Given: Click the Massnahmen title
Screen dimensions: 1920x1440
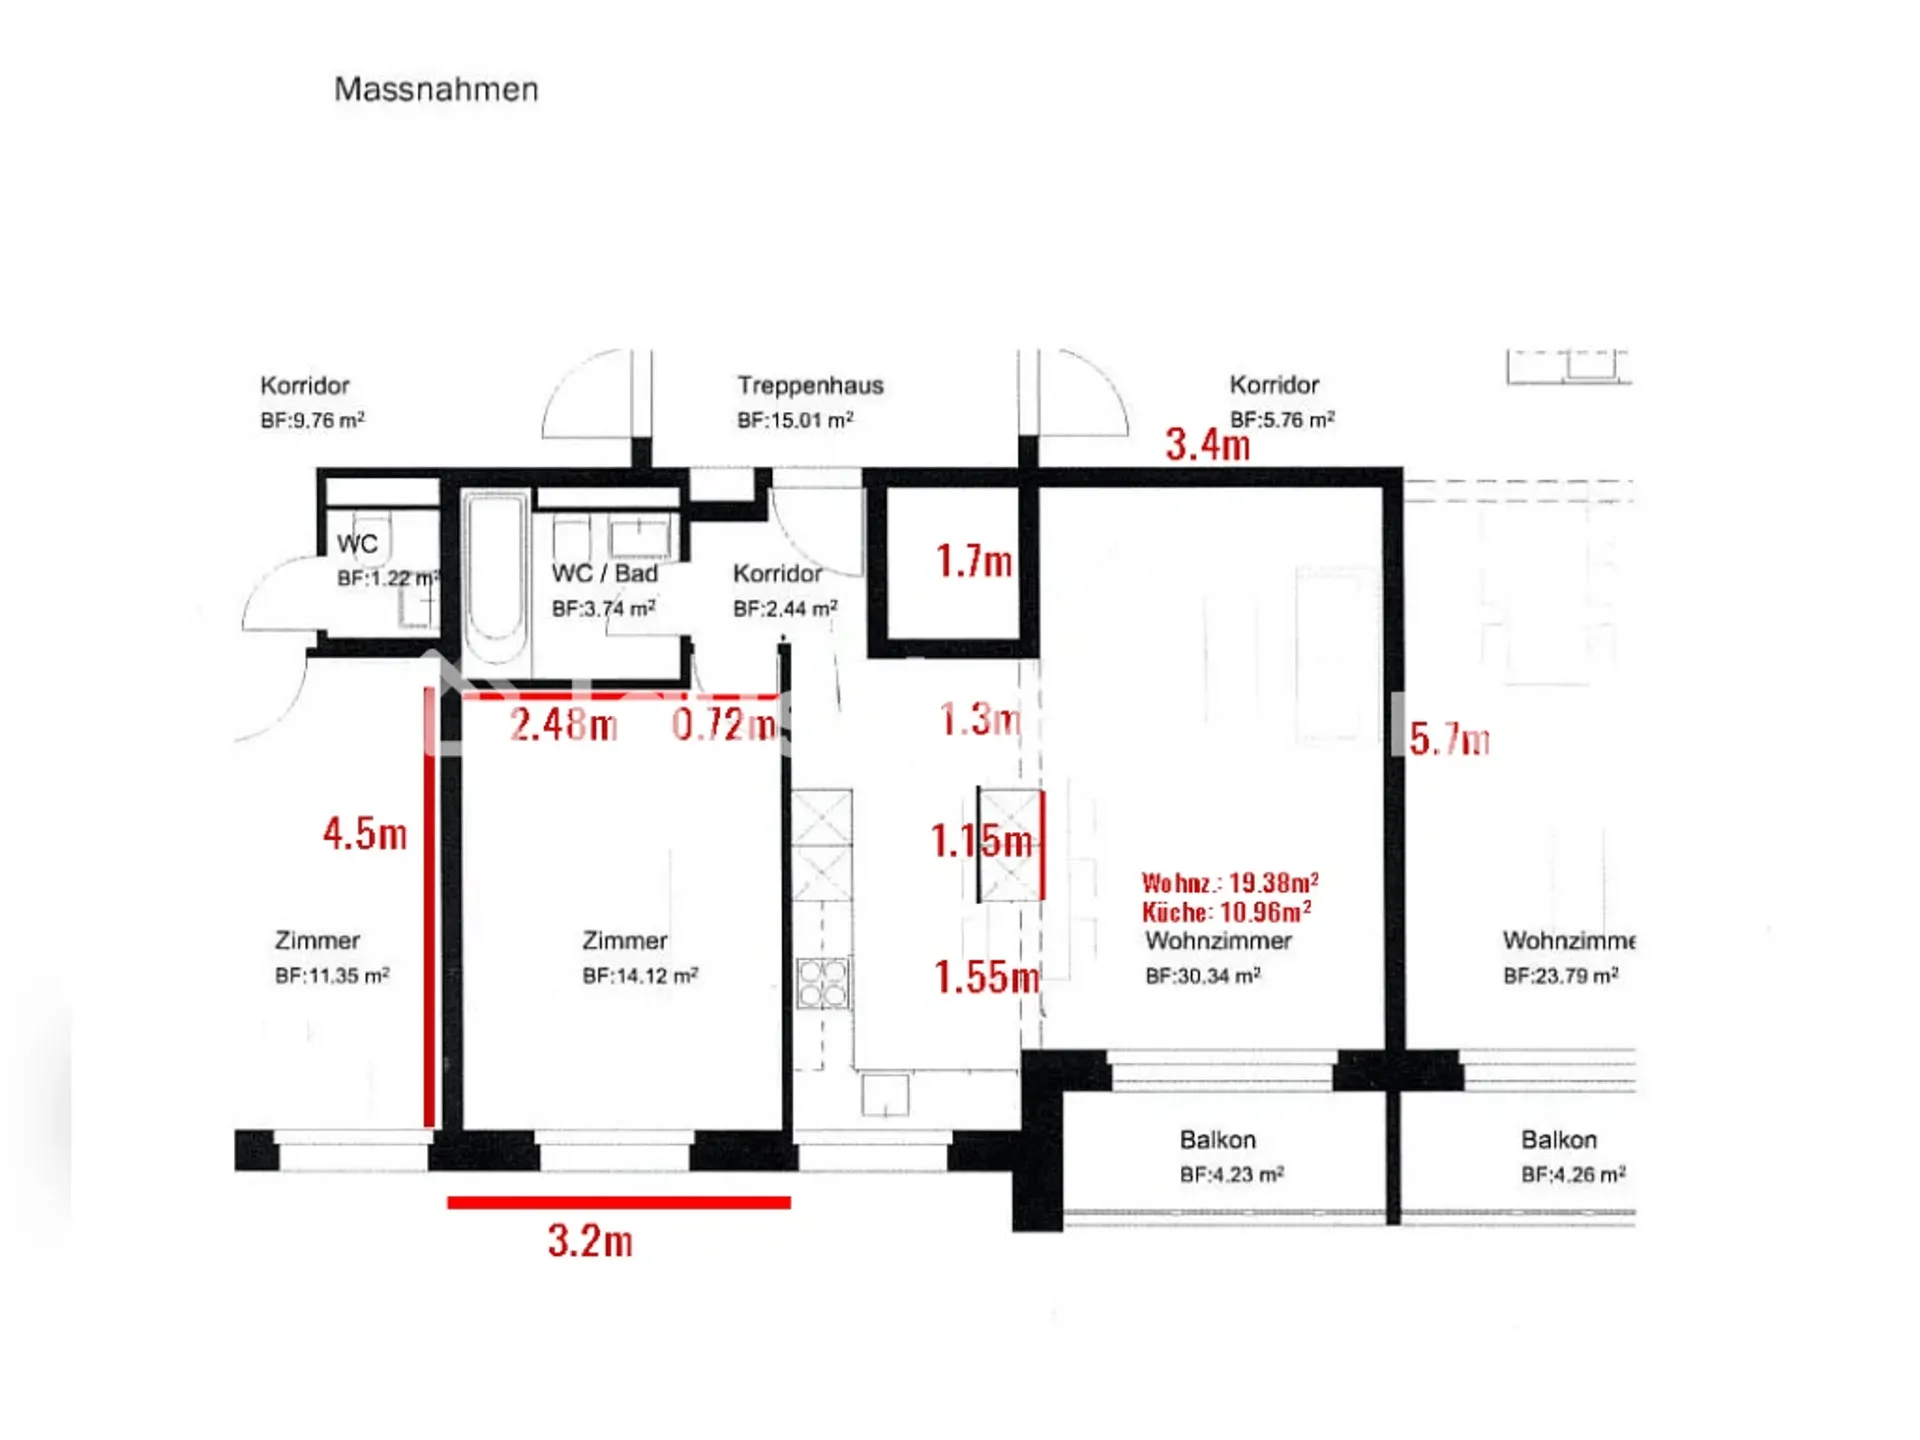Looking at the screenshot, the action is [x=436, y=89].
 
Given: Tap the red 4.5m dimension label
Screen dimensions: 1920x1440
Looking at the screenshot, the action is [x=365, y=833].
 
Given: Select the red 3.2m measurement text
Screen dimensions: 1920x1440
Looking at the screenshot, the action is [x=590, y=1241].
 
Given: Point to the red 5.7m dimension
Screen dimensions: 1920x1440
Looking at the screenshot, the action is [x=1450, y=739].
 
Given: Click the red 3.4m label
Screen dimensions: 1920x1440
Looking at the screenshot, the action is [x=1208, y=445].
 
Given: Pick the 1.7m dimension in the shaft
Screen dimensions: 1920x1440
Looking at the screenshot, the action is [x=974, y=561].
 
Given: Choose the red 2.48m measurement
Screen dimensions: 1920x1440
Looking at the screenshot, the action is [x=564, y=724].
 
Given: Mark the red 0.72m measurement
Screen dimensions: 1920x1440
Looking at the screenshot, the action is [x=724, y=724].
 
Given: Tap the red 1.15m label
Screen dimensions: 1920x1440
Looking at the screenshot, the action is [x=981, y=841].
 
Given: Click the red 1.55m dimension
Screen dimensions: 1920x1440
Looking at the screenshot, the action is [x=987, y=977].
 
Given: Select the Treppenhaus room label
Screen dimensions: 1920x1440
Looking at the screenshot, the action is [x=811, y=385].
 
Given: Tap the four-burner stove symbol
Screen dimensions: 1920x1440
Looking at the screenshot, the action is [x=823, y=983].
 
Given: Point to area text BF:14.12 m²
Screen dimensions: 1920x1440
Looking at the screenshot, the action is [x=640, y=975].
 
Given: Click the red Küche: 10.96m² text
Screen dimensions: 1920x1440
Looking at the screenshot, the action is [x=1227, y=912].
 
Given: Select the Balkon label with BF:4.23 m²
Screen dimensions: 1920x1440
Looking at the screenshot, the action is [x=1218, y=1140].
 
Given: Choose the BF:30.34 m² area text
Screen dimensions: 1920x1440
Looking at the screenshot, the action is [x=1203, y=975].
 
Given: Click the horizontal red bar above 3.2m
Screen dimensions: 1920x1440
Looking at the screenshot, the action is [x=619, y=1203].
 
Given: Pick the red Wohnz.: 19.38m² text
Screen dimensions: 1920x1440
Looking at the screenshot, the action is [x=1230, y=883].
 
